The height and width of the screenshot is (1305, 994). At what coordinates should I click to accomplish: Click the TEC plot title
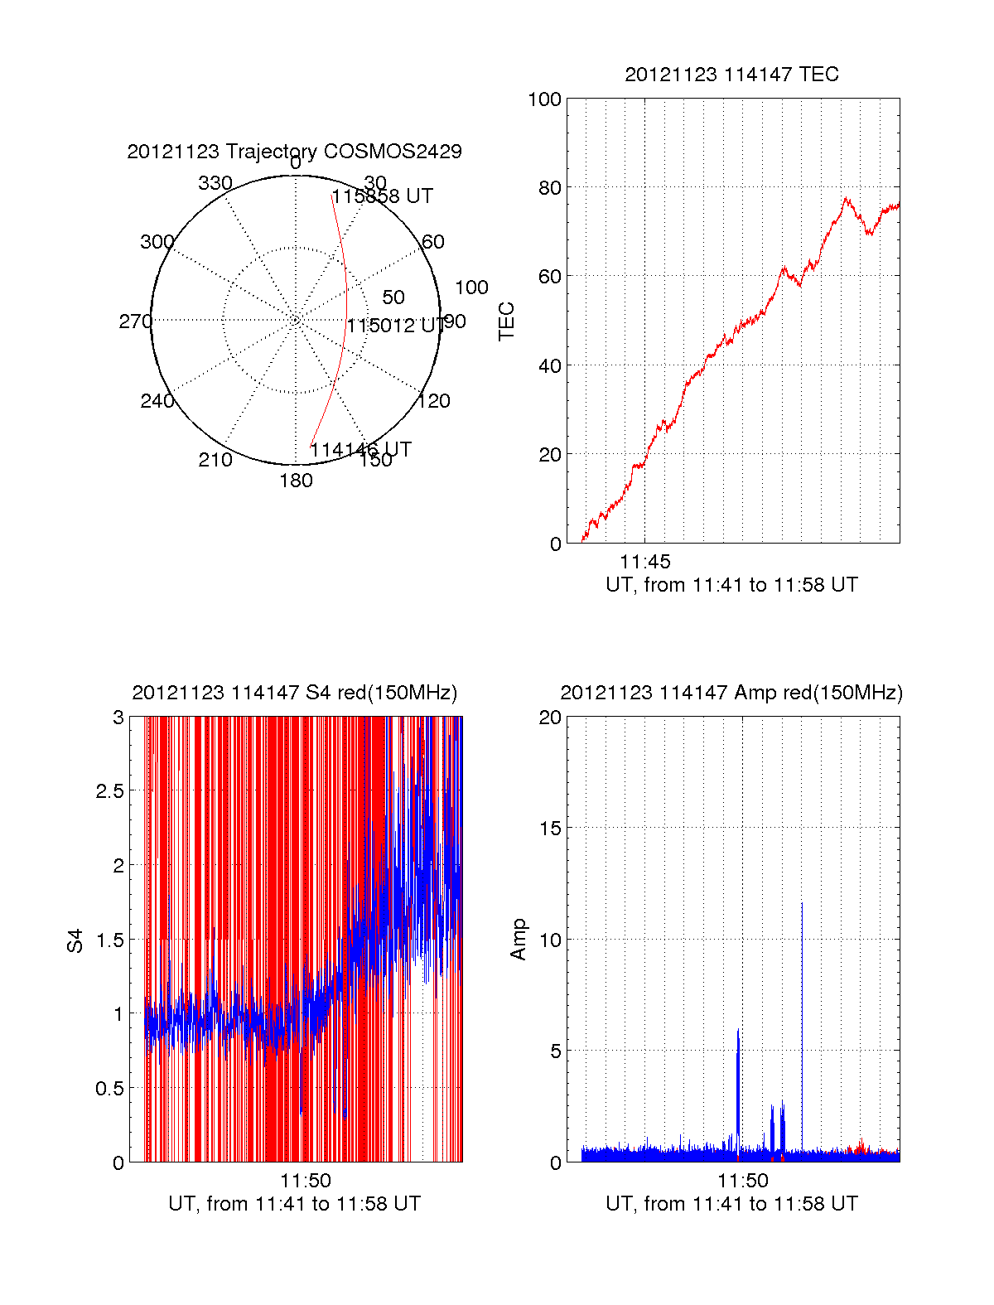(x=731, y=75)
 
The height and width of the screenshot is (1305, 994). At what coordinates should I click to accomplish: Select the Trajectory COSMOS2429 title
(x=294, y=152)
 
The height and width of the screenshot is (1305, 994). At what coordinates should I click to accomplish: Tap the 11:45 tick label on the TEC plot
(x=644, y=563)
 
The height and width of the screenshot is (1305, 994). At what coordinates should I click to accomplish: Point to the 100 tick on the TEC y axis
(x=544, y=99)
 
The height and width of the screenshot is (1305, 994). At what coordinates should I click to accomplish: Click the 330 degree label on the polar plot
(x=215, y=183)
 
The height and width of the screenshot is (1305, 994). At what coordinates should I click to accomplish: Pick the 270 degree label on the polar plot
(x=135, y=321)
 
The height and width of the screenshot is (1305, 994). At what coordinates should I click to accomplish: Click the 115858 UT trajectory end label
(x=382, y=196)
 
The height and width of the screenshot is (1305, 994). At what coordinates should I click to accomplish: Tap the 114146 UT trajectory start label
(x=360, y=450)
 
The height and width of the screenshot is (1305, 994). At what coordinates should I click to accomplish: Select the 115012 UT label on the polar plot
(x=394, y=326)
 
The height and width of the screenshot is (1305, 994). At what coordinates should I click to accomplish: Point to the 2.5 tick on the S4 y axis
(x=109, y=790)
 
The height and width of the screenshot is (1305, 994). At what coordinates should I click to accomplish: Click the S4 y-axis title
(x=75, y=940)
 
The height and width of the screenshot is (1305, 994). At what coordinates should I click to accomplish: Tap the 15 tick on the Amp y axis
(x=550, y=828)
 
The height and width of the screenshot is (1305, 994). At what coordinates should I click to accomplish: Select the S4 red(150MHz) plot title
(x=294, y=693)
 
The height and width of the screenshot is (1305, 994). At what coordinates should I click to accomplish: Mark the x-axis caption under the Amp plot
(x=731, y=1204)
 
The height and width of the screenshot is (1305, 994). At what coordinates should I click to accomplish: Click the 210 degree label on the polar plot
(x=215, y=460)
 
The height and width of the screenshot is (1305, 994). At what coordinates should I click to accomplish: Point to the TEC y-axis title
(x=506, y=321)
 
